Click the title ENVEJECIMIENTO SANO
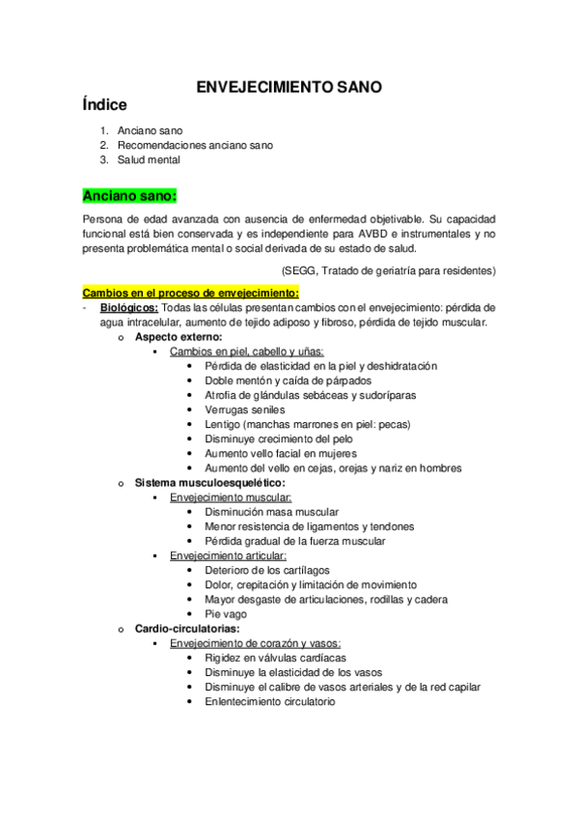[x=289, y=87]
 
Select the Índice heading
[x=105, y=105]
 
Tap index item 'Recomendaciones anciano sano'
[x=195, y=145]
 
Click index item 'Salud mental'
[x=149, y=159]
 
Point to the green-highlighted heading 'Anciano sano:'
[x=130, y=196]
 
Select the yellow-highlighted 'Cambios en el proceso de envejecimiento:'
[x=191, y=293]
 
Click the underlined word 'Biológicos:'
[x=130, y=307]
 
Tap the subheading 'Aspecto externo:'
[x=179, y=337]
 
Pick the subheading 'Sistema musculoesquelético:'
[x=209, y=482]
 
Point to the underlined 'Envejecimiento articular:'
[x=228, y=556]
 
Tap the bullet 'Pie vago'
[x=226, y=614]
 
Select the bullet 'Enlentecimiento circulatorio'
[x=269, y=702]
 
